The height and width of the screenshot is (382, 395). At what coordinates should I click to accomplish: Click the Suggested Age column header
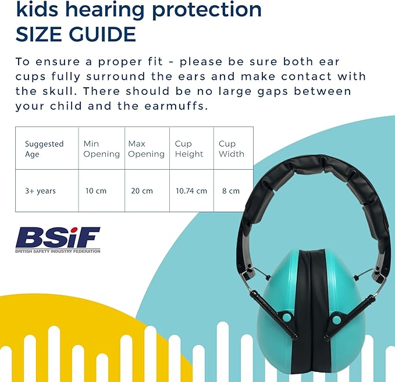(x=44, y=148)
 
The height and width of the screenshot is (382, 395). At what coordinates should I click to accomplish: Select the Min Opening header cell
(x=101, y=148)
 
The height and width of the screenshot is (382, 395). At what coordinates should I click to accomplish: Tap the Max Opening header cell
(x=146, y=148)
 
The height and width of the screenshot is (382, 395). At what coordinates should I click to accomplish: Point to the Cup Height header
(x=189, y=148)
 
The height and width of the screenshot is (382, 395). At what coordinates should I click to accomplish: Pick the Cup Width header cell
(x=231, y=148)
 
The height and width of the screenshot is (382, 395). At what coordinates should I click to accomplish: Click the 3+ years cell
(x=40, y=191)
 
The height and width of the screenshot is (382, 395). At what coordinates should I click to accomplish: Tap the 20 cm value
(x=143, y=191)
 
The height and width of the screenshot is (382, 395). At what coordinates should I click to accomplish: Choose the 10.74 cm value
(x=191, y=191)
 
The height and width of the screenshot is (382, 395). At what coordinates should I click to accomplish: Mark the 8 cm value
(x=230, y=191)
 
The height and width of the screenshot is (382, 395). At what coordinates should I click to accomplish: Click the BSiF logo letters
(x=58, y=237)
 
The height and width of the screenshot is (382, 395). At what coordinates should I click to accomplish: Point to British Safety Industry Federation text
(x=58, y=251)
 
